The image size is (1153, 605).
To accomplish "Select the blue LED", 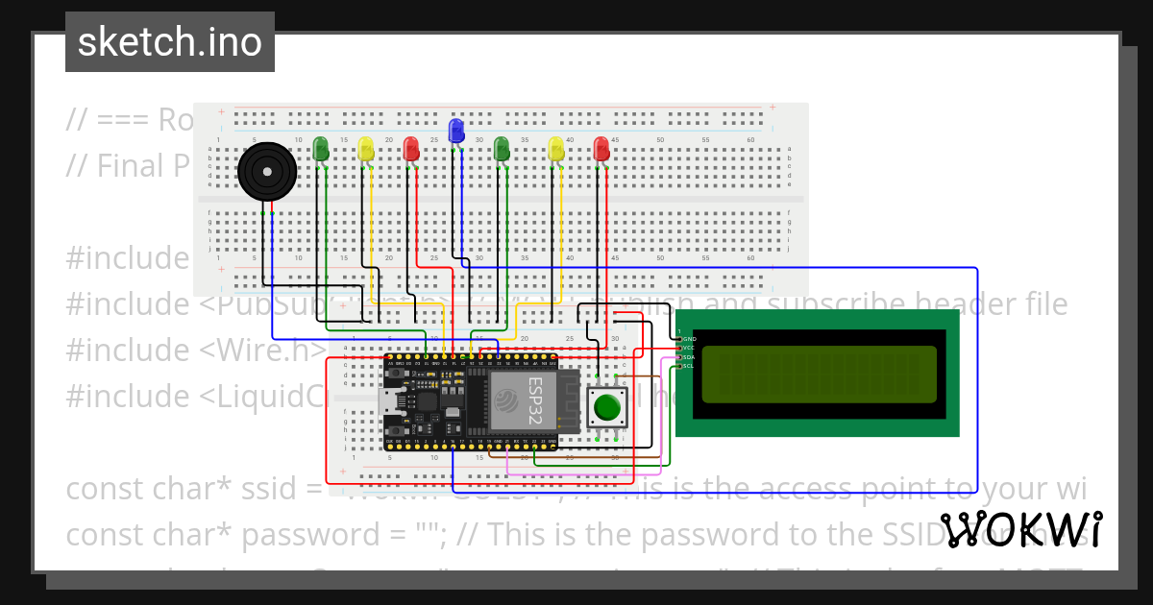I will pyautogui.click(x=456, y=129).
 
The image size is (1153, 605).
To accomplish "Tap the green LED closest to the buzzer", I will pyautogui.click(x=321, y=148).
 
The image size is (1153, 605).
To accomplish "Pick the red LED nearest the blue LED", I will pyautogui.click(x=411, y=149).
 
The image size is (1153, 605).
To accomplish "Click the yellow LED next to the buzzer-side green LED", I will pyautogui.click(x=366, y=149).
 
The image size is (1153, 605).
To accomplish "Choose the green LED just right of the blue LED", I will pyautogui.click(x=501, y=149).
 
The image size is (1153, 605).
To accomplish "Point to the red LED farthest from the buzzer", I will pyautogui.click(x=601, y=149).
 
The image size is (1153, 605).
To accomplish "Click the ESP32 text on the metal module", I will pyautogui.click(x=533, y=399).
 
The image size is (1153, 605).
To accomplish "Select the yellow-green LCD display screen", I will pyautogui.click(x=819, y=374).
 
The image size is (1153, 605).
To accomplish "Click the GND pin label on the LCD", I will pyautogui.click(x=688, y=339).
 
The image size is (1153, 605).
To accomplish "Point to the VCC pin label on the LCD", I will pyautogui.click(x=688, y=348).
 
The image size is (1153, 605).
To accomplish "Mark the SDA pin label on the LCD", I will pyautogui.click(x=688, y=357).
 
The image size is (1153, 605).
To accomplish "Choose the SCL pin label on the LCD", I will pyautogui.click(x=688, y=366).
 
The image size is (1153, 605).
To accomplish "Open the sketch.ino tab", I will pyautogui.click(x=170, y=42).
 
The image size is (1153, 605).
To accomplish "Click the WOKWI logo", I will pyautogui.click(x=1020, y=530).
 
